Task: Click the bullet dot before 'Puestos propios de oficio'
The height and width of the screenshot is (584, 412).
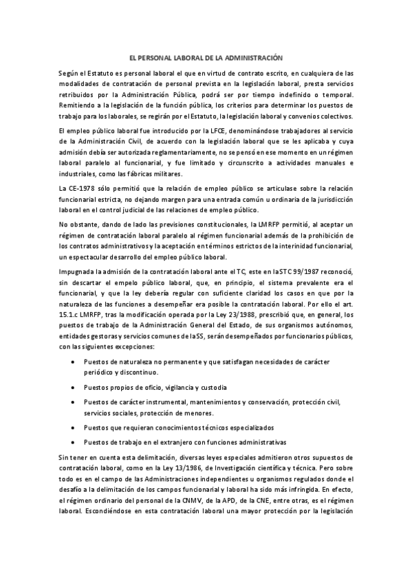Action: pyautogui.click(x=74, y=387)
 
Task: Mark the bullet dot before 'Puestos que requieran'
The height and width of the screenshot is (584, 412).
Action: pyautogui.click(x=74, y=428)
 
